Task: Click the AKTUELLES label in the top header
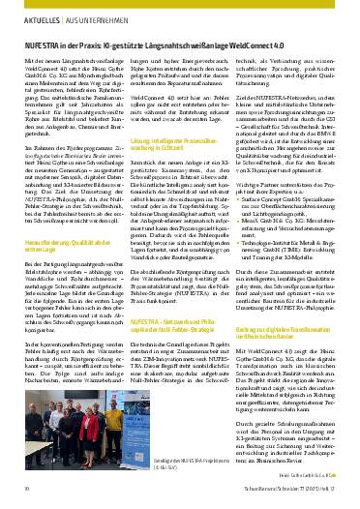coord(32,19)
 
